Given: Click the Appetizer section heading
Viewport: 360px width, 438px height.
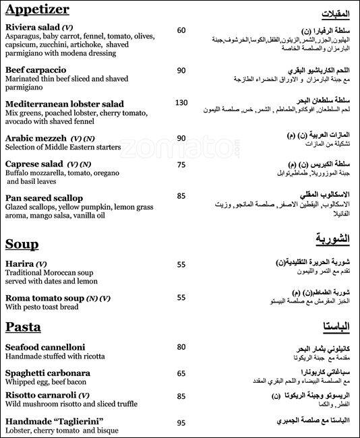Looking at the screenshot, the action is click(39, 11).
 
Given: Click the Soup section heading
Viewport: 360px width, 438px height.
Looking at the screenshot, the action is click(22, 243).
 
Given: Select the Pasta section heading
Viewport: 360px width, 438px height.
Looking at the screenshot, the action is click(23, 327).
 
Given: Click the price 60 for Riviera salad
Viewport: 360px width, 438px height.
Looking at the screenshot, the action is click(181, 30).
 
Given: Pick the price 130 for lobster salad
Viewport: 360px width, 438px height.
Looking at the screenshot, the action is click(181, 102).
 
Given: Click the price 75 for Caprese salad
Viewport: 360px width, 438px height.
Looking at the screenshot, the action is click(181, 164).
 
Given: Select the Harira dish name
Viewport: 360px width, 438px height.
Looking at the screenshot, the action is click(19, 263).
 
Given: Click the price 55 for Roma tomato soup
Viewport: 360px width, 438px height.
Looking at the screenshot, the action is click(181, 297).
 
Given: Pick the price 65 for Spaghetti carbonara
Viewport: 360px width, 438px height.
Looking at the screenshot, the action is click(181, 373).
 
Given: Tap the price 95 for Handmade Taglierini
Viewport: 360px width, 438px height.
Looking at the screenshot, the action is click(181, 423).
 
